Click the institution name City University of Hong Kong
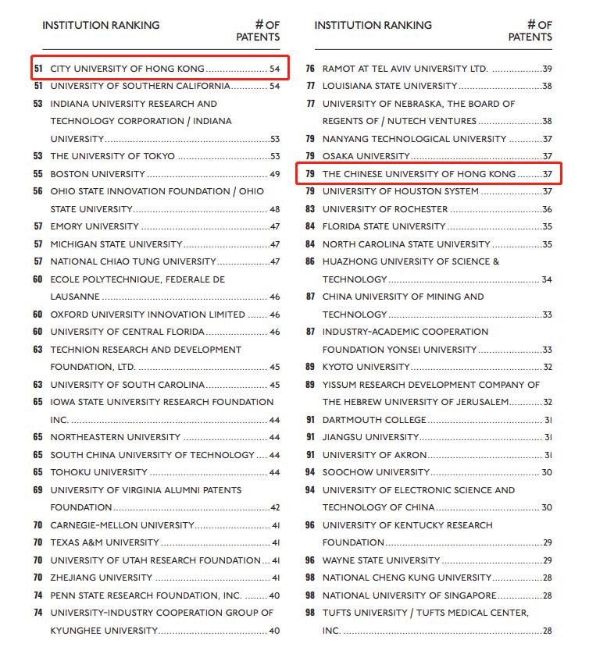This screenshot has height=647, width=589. click(x=127, y=69)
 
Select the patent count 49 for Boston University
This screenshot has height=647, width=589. click(x=274, y=174)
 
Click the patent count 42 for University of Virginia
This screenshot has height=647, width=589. click(x=274, y=507)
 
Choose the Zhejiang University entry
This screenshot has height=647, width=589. click(x=102, y=578)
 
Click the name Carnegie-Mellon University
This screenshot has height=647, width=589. click(x=122, y=525)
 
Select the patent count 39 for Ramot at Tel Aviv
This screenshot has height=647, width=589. click(x=547, y=69)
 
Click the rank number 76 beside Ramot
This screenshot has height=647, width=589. click(x=310, y=69)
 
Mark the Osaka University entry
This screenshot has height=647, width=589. click(x=366, y=156)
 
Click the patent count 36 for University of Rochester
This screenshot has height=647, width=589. click(x=547, y=209)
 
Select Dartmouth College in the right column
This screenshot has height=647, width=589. click(x=375, y=420)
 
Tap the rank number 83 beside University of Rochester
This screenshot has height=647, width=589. click(x=310, y=209)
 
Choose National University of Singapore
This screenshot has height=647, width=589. click(x=409, y=595)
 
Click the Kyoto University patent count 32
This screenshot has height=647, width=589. click(x=547, y=367)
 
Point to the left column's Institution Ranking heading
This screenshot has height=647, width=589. click(x=101, y=25)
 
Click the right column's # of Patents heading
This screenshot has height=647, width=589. click(x=531, y=30)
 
